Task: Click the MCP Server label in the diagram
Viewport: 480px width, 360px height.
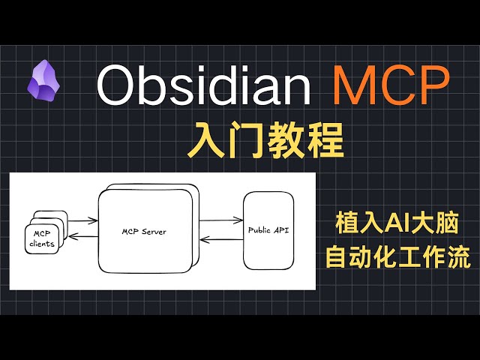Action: pyautogui.click(x=143, y=232)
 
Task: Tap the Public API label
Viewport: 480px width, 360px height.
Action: pyautogui.click(x=268, y=230)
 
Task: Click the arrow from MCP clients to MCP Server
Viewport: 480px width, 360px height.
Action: pyautogui.click(x=80, y=220)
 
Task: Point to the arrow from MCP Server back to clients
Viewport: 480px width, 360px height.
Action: pyautogui.click(x=80, y=238)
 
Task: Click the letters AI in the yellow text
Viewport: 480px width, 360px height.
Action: pyautogui.click(x=394, y=223)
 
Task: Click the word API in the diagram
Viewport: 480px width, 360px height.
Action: pyautogui.click(x=280, y=230)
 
